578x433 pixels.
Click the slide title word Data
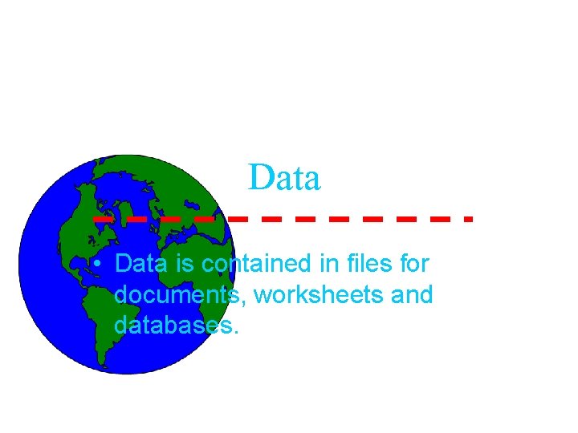285,178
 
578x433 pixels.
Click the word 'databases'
173,326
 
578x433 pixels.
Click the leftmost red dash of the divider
103,218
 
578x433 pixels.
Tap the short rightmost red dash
468,218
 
